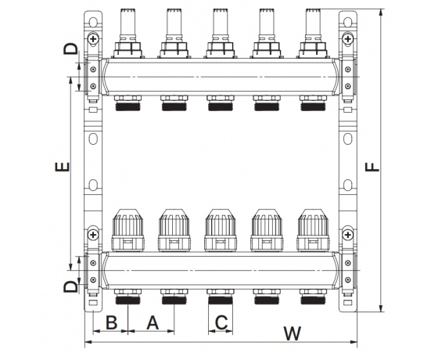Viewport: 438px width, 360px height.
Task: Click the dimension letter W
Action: (293, 333)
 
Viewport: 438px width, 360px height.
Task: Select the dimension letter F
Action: (372, 167)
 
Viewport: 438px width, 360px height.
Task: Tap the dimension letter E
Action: (63, 167)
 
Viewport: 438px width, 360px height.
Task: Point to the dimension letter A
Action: (153, 322)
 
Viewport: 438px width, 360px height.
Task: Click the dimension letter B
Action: (111, 322)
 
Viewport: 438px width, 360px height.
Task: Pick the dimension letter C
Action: (221, 322)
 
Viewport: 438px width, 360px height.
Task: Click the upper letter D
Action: (70, 49)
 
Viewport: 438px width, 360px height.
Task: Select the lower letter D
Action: (70, 286)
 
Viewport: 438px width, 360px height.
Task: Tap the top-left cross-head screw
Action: (93, 39)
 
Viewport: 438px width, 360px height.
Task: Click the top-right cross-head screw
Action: (348, 39)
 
